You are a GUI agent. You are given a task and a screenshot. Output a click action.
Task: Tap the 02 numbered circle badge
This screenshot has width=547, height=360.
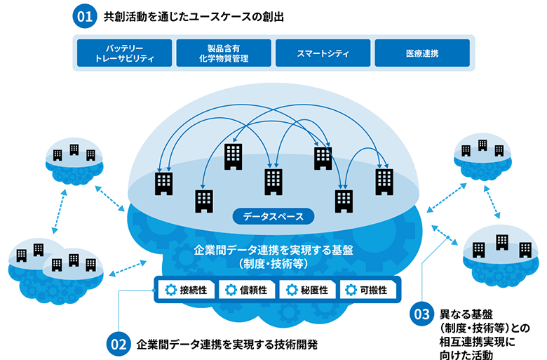coord(119,345)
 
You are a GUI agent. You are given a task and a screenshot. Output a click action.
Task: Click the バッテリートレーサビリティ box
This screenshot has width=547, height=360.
coord(123,53)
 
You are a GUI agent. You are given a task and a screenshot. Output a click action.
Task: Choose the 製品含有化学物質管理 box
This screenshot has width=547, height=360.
coord(223,53)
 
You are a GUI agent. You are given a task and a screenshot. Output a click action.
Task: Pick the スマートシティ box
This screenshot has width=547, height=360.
coord(323,53)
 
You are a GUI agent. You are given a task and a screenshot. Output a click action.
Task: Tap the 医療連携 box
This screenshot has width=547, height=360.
coord(422,53)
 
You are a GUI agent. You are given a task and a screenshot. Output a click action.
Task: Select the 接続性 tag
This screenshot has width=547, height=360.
coord(185,290)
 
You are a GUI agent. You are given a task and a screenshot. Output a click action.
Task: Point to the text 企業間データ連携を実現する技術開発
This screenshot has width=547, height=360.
coord(227,345)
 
